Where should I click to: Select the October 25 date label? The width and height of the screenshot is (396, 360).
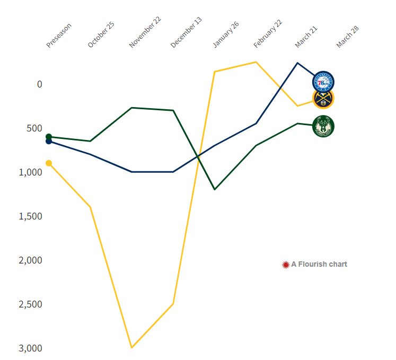[x=101, y=36]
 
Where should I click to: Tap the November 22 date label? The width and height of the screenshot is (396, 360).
[x=145, y=33]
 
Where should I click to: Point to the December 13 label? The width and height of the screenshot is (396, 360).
[x=186, y=33]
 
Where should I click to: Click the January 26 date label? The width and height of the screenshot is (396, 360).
[x=226, y=35]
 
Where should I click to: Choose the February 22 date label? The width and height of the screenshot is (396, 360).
[x=268, y=34]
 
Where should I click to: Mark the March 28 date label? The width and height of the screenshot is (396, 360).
[x=348, y=36]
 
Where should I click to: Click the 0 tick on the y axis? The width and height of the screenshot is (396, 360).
[x=40, y=84]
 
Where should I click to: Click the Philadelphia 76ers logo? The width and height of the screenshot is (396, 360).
[x=323, y=82]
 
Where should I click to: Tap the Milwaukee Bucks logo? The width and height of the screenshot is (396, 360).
[x=323, y=126]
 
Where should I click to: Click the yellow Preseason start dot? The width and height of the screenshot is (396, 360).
[x=49, y=163]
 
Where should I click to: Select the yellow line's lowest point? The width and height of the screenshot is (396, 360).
[x=131, y=347]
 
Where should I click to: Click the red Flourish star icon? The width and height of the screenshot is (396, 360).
[x=286, y=264]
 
